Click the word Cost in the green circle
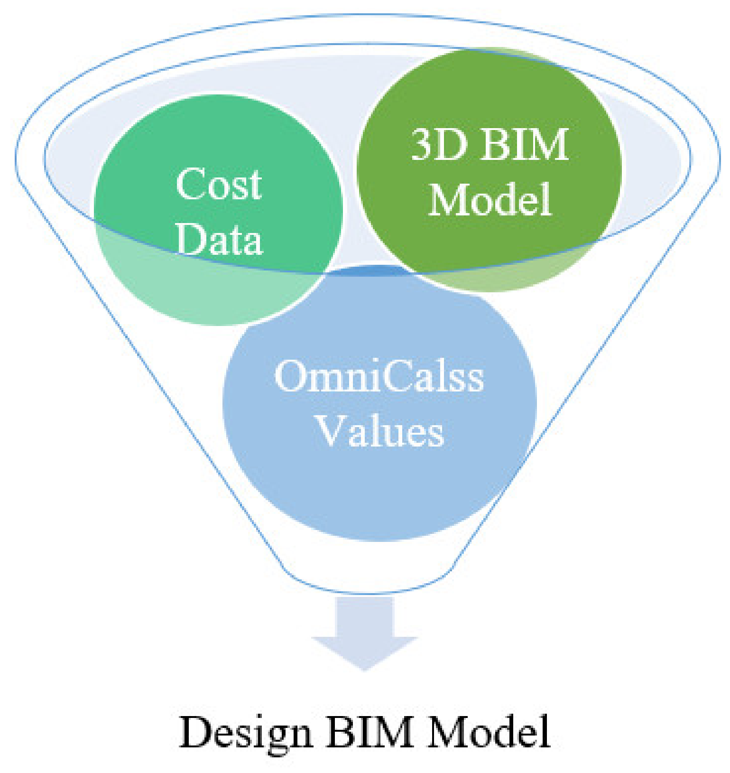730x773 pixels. point(219,184)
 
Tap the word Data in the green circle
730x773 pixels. point(220,240)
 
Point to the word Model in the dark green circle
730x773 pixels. point(490,200)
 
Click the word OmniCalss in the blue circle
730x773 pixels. point(379,376)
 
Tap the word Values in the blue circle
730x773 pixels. point(380,431)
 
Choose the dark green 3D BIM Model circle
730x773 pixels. point(489,95)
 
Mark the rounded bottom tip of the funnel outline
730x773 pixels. point(370,592)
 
